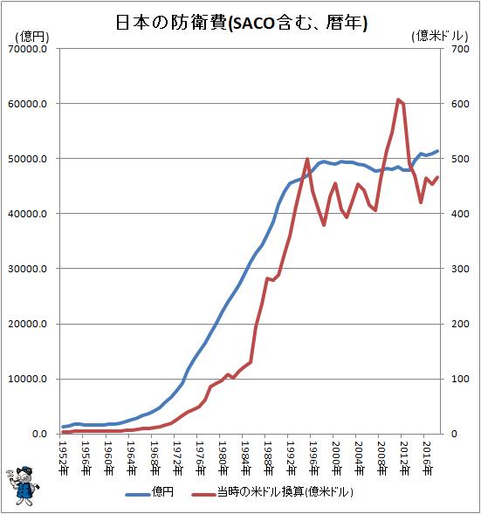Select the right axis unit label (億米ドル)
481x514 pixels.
click(x=440, y=37)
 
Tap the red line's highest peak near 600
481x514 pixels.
click(x=398, y=99)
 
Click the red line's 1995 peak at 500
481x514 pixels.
click(x=307, y=160)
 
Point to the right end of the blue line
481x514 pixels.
click(x=438, y=151)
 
